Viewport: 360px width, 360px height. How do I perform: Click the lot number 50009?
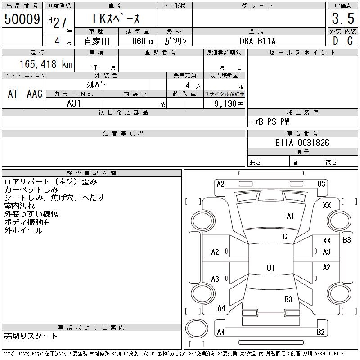[x=22, y=19]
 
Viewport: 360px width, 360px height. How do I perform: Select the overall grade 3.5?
[x=343, y=18]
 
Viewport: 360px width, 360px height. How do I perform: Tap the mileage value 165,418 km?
[x=46, y=64]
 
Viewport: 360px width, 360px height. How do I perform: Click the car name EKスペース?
[x=116, y=18]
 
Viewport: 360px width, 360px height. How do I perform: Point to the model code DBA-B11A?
[x=257, y=41]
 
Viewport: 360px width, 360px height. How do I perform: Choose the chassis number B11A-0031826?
[x=302, y=143]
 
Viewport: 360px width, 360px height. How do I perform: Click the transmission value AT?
[x=13, y=94]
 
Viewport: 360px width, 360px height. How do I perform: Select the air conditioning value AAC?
[x=35, y=94]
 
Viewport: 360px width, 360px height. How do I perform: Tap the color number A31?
[x=74, y=103]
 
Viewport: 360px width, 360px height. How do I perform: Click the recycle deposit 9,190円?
[x=229, y=104]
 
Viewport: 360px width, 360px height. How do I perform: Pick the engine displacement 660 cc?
[x=144, y=41]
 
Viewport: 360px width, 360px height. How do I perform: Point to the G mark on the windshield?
[x=285, y=237]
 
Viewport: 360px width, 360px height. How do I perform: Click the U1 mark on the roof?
[x=270, y=268]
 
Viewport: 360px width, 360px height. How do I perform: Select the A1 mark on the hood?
[x=290, y=216]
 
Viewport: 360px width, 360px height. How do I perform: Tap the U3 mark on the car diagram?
[x=321, y=184]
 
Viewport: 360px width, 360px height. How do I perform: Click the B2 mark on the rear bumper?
[x=321, y=332]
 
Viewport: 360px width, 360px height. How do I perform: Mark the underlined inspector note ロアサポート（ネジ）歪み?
[x=51, y=182]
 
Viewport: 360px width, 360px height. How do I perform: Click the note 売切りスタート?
[x=31, y=336]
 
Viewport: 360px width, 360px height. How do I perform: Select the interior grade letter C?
[x=350, y=41]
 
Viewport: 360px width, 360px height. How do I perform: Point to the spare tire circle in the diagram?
[x=197, y=328]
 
